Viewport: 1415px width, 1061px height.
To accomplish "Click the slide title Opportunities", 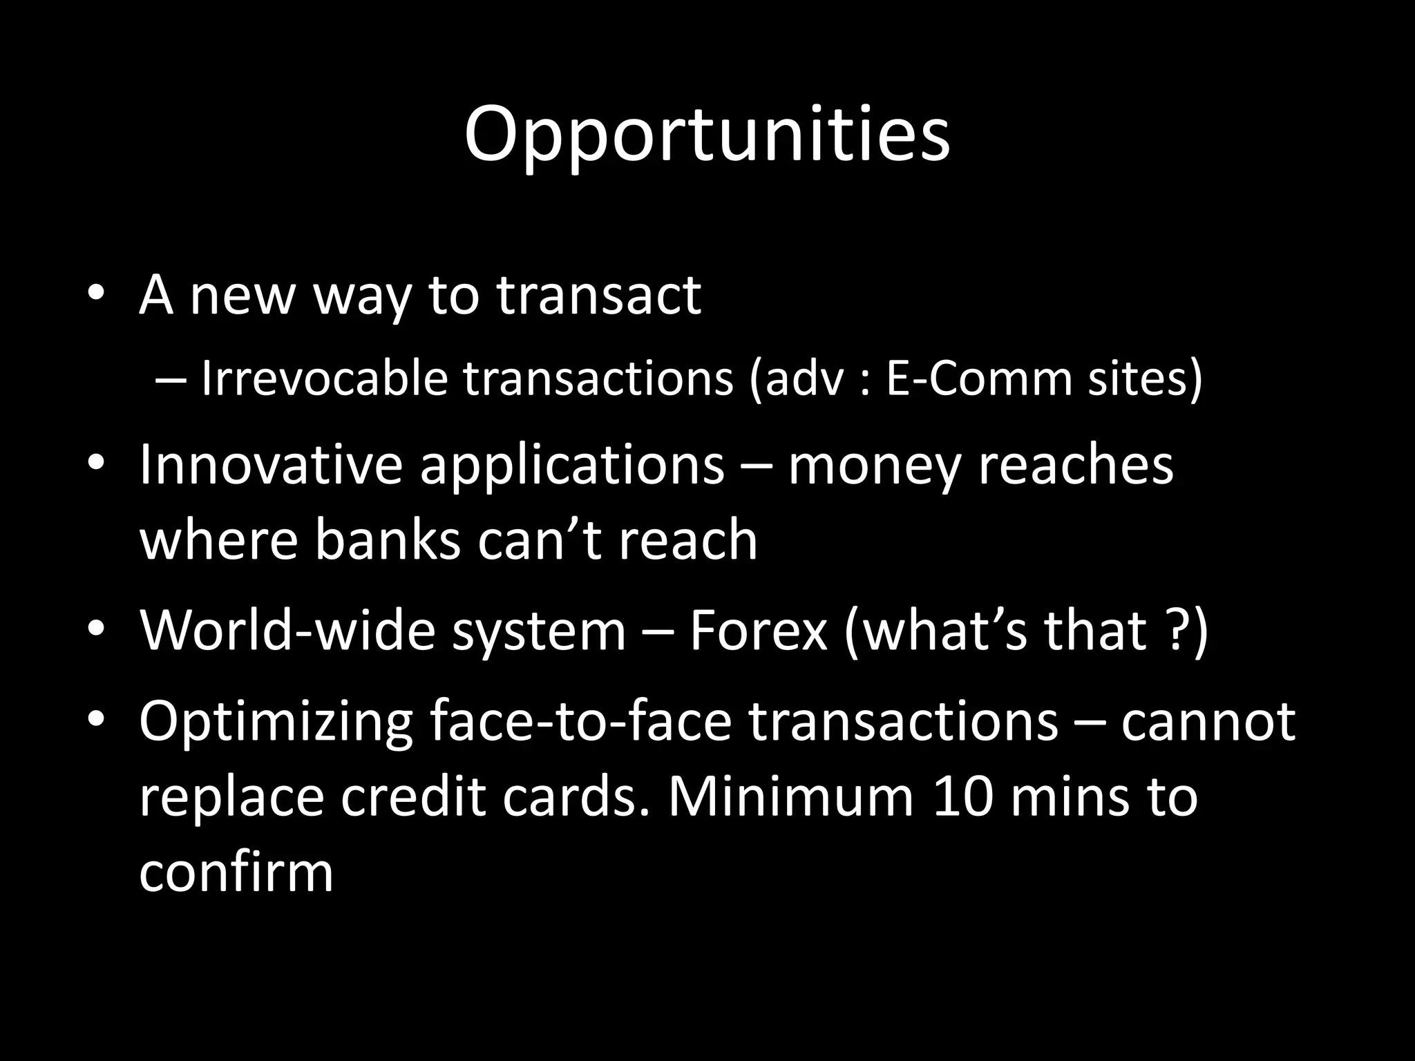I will pos(707,136).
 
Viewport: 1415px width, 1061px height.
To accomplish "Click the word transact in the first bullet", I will pos(598,296).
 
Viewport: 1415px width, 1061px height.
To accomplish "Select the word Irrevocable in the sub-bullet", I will pos(324,379).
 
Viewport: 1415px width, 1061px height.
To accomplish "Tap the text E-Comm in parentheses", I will pos(978,379).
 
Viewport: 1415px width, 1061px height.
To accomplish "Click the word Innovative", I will pos(270,464).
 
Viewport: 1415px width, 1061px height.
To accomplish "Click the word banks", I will pos(388,540).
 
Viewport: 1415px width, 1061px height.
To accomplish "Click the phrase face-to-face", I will pos(580,721).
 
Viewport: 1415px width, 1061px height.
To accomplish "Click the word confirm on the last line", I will pos(236,872).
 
